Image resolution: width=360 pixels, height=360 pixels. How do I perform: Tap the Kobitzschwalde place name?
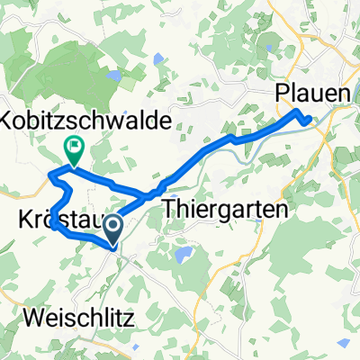click(x=81, y=120)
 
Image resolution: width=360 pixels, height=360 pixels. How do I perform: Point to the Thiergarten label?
click(x=225, y=210)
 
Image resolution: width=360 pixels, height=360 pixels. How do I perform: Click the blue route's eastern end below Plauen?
click(x=310, y=119)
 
